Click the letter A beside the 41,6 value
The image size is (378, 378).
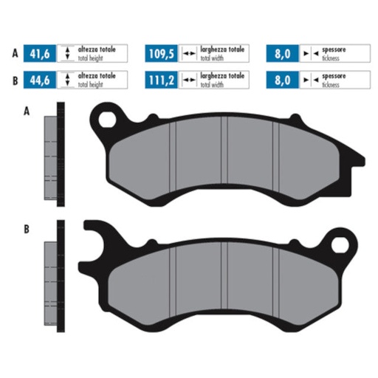coord(14,53)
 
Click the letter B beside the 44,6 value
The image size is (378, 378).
coord(14,78)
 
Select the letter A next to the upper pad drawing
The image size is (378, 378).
coord(27,111)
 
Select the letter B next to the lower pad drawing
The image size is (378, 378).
coord(27,230)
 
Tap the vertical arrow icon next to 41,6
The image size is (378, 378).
coord(66,53)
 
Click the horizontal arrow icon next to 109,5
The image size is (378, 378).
coord(188,53)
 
